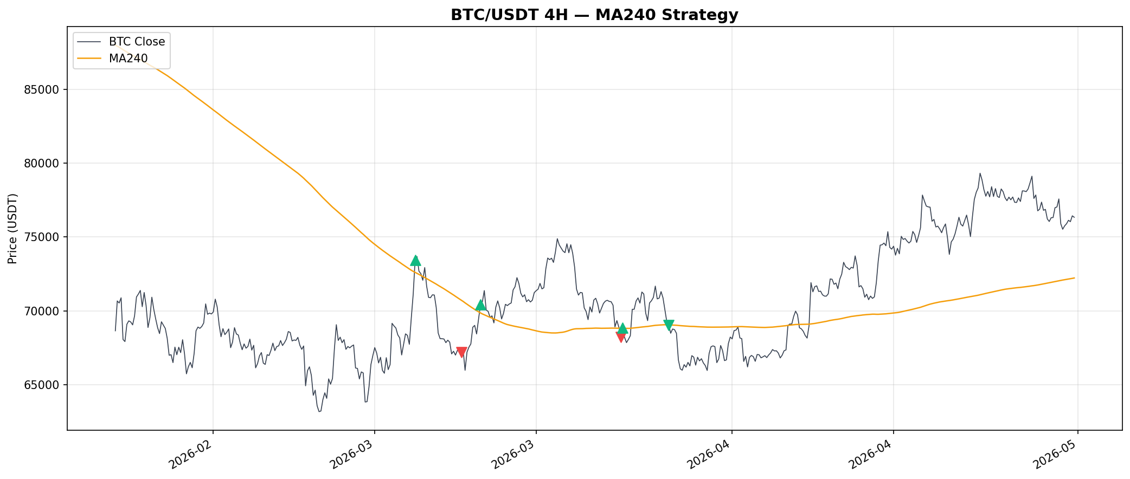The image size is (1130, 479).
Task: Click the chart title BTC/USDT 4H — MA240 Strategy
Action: [x=594, y=15]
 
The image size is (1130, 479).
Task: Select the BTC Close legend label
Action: [x=137, y=42]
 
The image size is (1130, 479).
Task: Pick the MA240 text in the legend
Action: [x=128, y=59]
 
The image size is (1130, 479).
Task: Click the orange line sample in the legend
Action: [x=88, y=59]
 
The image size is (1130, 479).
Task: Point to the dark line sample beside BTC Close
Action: [x=88, y=42]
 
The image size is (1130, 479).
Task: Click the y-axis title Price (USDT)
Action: [x=13, y=229]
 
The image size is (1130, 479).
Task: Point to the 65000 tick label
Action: [x=42, y=385]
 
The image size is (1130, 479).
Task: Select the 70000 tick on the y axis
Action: [x=42, y=311]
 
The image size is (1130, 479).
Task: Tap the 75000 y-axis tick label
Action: [x=42, y=237]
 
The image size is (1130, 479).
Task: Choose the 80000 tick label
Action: [x=42, y=164]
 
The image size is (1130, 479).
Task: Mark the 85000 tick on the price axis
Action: [x=42, y=89]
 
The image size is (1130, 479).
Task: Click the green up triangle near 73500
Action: [x=415, y=261]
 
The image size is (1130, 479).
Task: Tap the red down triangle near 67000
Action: [x=461, y=352]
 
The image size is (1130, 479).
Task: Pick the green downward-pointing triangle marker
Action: [x=669, y=325]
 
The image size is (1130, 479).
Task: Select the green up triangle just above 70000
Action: [x=480, y=305]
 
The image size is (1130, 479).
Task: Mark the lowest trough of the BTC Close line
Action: [x=319, y=411]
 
